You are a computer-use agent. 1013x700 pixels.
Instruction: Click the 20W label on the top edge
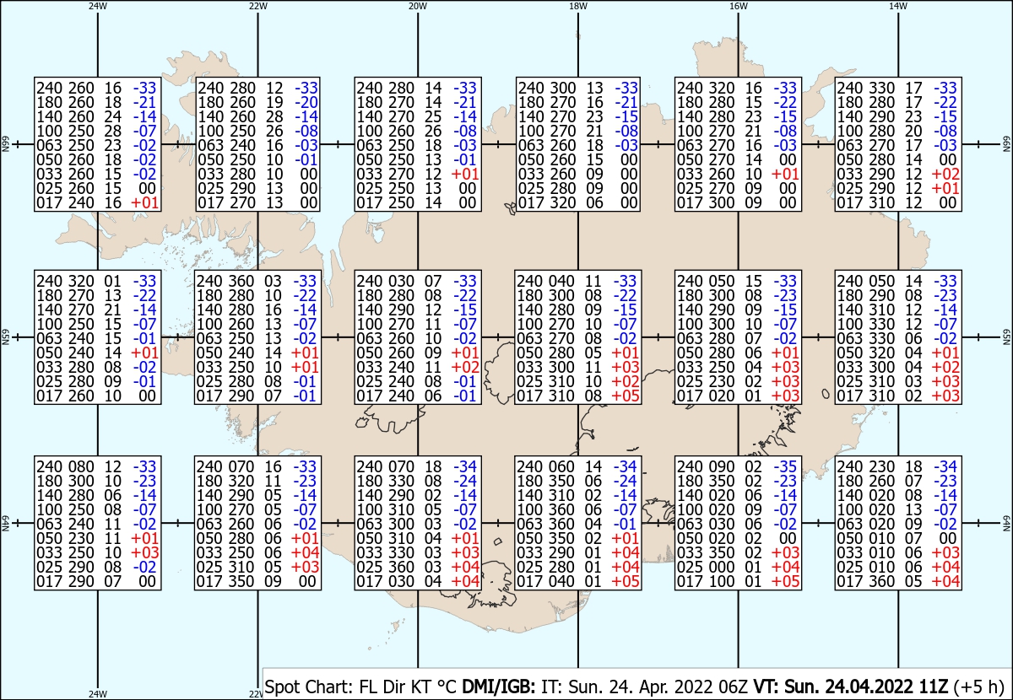coord(417,6)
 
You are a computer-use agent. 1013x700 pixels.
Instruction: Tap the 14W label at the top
coord(897,6)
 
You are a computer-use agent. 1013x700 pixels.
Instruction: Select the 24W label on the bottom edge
coord(98,693)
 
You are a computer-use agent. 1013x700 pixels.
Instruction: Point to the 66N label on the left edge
coord(5,144)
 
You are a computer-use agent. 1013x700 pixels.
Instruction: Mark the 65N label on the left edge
coord(5,337)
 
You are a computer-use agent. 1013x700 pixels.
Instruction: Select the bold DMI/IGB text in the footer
coord(498,687)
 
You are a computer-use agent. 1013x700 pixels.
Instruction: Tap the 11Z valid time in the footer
coord(934,687)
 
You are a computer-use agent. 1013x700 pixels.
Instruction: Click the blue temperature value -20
coord(306,102)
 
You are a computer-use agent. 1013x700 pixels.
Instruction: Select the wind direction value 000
coord(714,567)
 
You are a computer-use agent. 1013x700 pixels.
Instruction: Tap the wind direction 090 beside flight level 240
coord(714,466)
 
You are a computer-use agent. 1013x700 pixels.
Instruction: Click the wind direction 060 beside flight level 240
coord(561,466)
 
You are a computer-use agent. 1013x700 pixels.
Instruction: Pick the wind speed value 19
coord(274,102)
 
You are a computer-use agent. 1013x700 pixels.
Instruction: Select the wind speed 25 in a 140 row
coord(433,116)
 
